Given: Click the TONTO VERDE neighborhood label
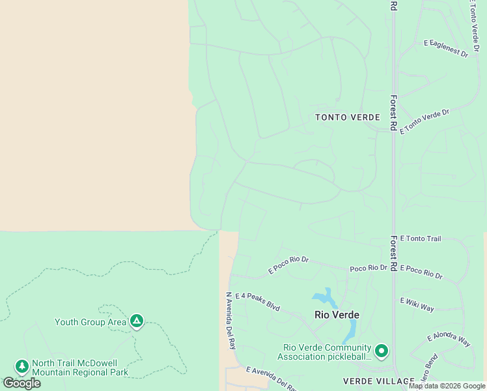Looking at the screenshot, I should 348,117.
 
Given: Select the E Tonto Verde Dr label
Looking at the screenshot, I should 424,121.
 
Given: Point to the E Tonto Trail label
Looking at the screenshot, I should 420,239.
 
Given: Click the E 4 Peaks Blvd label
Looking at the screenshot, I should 257,301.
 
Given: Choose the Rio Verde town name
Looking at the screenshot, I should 337,314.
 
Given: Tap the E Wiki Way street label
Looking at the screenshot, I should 417,304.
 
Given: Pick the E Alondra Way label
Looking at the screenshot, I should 449,340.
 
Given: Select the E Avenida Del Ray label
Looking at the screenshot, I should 270,378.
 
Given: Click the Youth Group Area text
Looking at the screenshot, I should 90,322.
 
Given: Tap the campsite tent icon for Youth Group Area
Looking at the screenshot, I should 137,321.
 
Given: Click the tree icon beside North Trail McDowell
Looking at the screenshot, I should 22,367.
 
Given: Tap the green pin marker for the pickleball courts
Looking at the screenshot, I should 381,351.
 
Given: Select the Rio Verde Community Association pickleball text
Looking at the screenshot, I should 324,352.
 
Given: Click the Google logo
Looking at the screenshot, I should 22,383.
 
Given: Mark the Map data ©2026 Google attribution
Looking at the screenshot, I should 447,386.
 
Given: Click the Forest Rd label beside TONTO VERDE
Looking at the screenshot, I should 393,113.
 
